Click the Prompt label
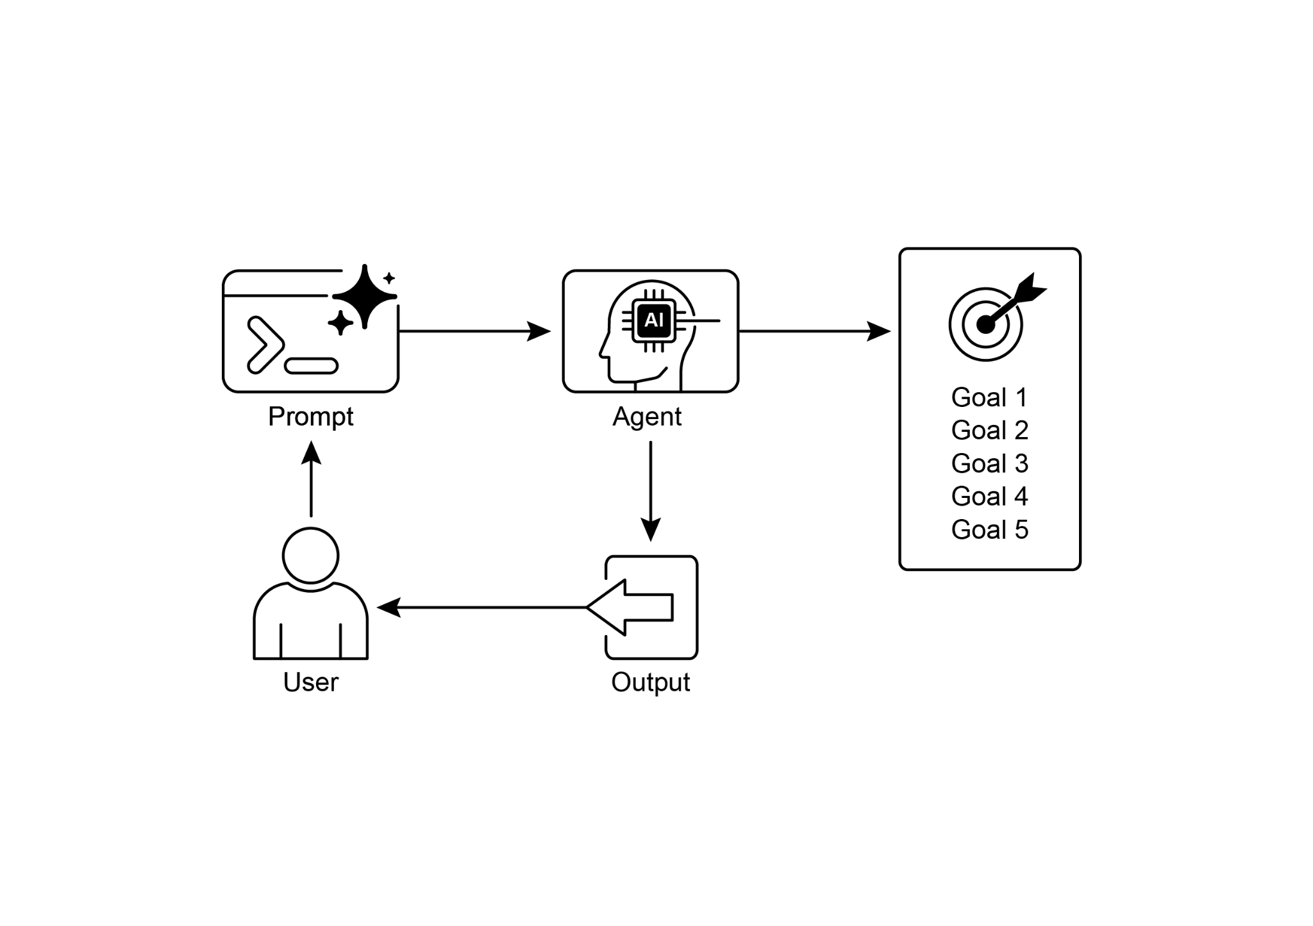pos(310,417)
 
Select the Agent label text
pos(647,417)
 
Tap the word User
pos(310,682)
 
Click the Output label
pos(650,682)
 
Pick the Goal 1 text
pos(989,398)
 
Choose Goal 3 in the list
pos(989,464)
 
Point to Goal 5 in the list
pos(989,530)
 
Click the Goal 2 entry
pos(989,431)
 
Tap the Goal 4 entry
pos(989,497)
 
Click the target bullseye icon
pos(986,324)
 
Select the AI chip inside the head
pos(653,320)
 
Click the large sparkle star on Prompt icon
pos(364,297)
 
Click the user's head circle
pos(310,556)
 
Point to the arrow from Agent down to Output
pos(650,490)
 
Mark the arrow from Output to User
pos(481,607)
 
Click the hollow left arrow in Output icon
pos(631,607)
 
